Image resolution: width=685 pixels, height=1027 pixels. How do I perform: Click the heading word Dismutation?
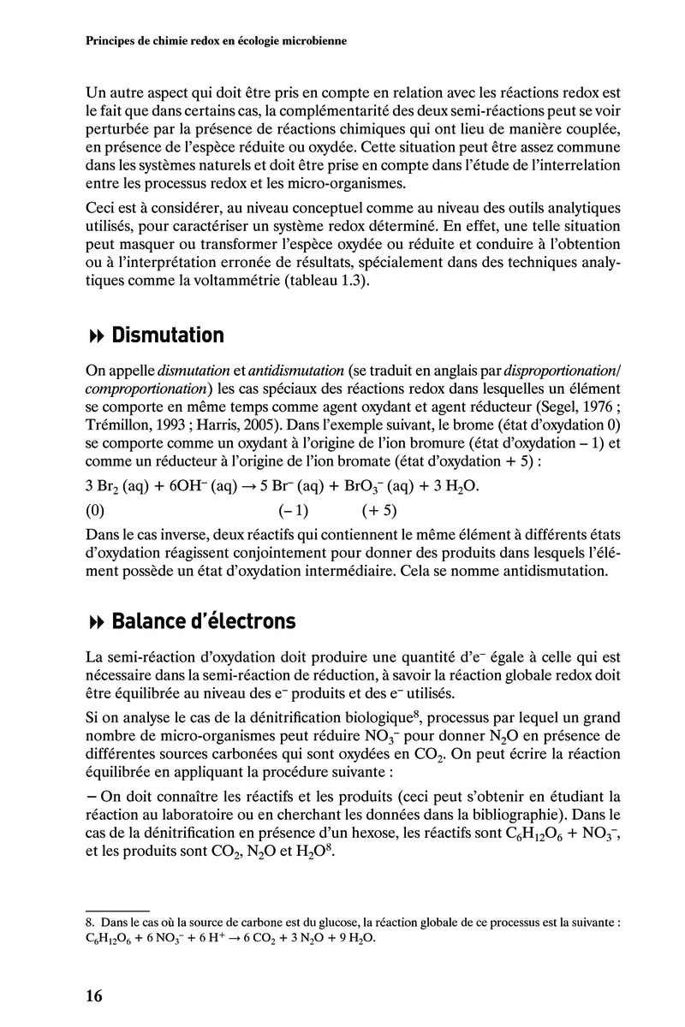click(168, 335)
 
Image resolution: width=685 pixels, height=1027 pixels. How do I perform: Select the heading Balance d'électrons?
click(204, 620)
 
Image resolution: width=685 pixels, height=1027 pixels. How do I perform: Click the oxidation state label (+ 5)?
click(379, 512)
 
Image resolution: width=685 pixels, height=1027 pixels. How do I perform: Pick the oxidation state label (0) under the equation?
click(95, 512)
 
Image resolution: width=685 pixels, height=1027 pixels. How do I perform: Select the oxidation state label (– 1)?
click(293, 512)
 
